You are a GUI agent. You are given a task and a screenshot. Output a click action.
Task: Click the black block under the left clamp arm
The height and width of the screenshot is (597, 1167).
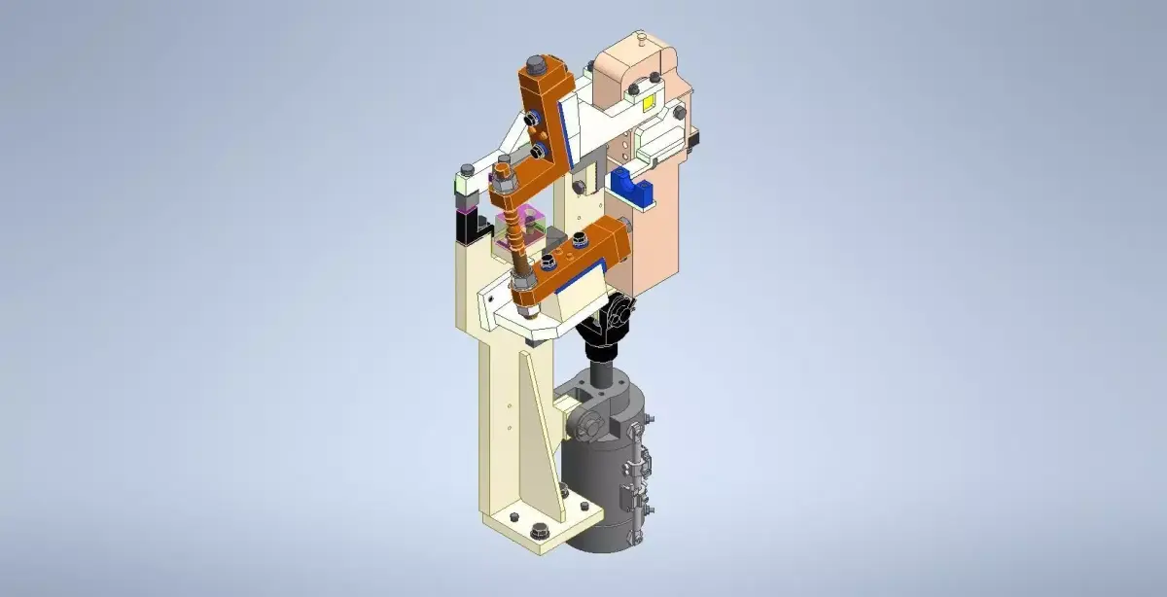tap(466, 229)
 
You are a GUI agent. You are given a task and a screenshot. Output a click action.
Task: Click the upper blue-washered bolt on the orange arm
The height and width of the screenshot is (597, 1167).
tap(534, 119)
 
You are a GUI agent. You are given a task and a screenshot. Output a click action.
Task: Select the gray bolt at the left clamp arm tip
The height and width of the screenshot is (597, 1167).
tap(468, 172)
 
